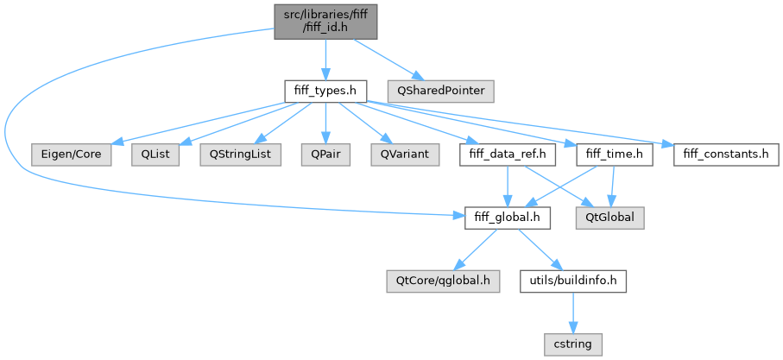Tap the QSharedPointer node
click(x=440, y=90)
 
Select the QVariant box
click(x=400, y=155)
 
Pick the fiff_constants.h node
click(x=724, y=155)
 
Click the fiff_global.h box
click(x=508, y=218)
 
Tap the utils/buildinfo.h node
click(x=573, y=281)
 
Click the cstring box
click(x=573, y=345)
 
